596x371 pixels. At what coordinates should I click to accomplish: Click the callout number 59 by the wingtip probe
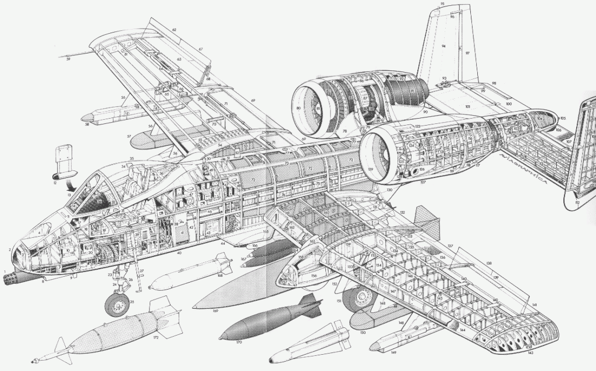click(68, 59)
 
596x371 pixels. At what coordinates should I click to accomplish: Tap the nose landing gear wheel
click(116, 304)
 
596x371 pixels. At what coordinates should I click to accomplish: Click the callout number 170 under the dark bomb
click(239, 343)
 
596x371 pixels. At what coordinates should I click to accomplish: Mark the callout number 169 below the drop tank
click(215, 312)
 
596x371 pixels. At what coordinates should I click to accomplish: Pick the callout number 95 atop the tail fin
click(442, 4)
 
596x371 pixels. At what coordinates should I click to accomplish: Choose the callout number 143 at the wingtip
click(530, 353)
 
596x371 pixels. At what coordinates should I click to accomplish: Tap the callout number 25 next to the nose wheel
click(132, 302)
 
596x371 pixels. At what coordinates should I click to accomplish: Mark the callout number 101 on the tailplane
click(467, 107)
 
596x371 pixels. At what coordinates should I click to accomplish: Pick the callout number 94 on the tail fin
click(444, 45)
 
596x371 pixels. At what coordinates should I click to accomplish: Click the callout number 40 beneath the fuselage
click(179, 254)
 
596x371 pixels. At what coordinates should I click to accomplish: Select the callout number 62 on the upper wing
click(174, 29)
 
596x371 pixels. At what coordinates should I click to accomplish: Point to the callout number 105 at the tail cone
click(563, 118)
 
